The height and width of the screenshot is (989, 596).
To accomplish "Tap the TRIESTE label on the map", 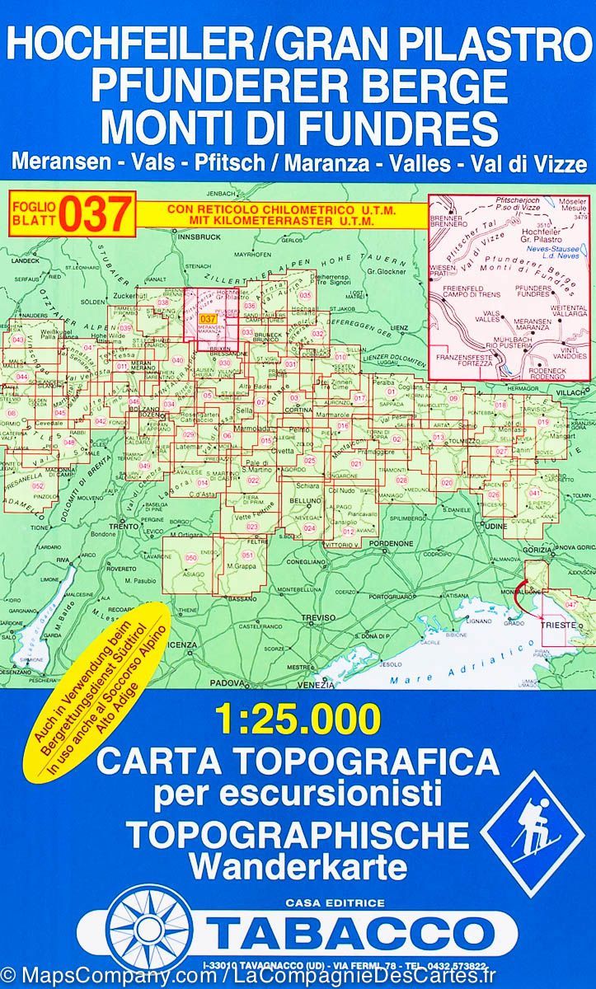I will tap(551, 625).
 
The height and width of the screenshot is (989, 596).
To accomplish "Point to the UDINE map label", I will tap(493, 525).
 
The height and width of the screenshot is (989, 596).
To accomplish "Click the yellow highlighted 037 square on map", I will tap(209, 319).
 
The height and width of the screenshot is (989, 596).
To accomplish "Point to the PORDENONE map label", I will tap(396, 544).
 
